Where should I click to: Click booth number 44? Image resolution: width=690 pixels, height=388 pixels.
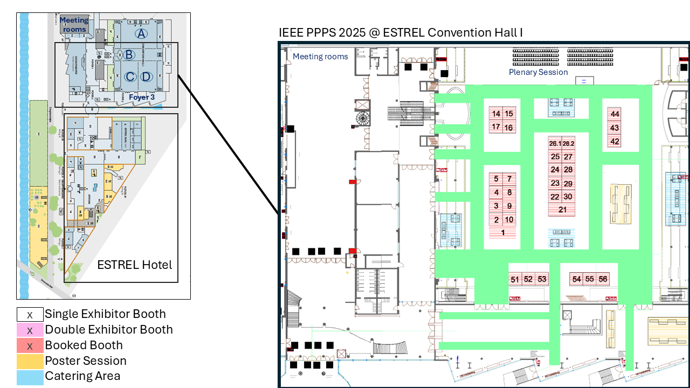click(x=615, y=114)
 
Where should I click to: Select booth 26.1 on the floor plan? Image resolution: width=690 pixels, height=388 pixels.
click(x=555, y=144)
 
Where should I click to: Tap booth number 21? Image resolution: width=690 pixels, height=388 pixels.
click(x=562, y=210)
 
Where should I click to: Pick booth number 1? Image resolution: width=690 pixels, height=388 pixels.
click(x=503, y=233)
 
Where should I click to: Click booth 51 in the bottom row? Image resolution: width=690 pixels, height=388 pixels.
click(x=515, y=279)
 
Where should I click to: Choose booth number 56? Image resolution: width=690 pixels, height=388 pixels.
click(x=603, y=279)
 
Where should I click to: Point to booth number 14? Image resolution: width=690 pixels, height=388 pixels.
click(x=496, y=114)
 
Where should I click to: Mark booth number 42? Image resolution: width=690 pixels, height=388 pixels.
click(x=615, y=142)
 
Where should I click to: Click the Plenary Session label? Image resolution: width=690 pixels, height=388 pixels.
click(x=538, y=72)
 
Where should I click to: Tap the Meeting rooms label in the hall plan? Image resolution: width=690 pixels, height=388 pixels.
click(x=320, y=57)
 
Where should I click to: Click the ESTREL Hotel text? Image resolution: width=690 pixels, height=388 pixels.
click(x=134, y=265)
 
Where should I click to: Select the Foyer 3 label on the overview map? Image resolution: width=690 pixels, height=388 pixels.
click(x=142, y=97)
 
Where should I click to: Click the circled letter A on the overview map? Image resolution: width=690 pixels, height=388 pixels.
click(x=141, y=34)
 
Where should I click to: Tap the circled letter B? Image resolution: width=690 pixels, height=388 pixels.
click(x=129, y=54)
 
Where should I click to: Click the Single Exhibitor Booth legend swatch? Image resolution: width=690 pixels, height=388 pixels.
click(x=30, y=314)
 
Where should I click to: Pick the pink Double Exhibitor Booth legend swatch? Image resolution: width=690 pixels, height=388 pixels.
click(x=30, y=330)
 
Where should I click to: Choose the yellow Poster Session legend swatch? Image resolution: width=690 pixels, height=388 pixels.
click(x=30, y=361)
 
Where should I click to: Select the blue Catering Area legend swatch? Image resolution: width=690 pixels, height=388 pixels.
click(x=30, y=377)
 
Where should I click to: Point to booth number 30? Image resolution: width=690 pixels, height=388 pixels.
click(x=568, y=197)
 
